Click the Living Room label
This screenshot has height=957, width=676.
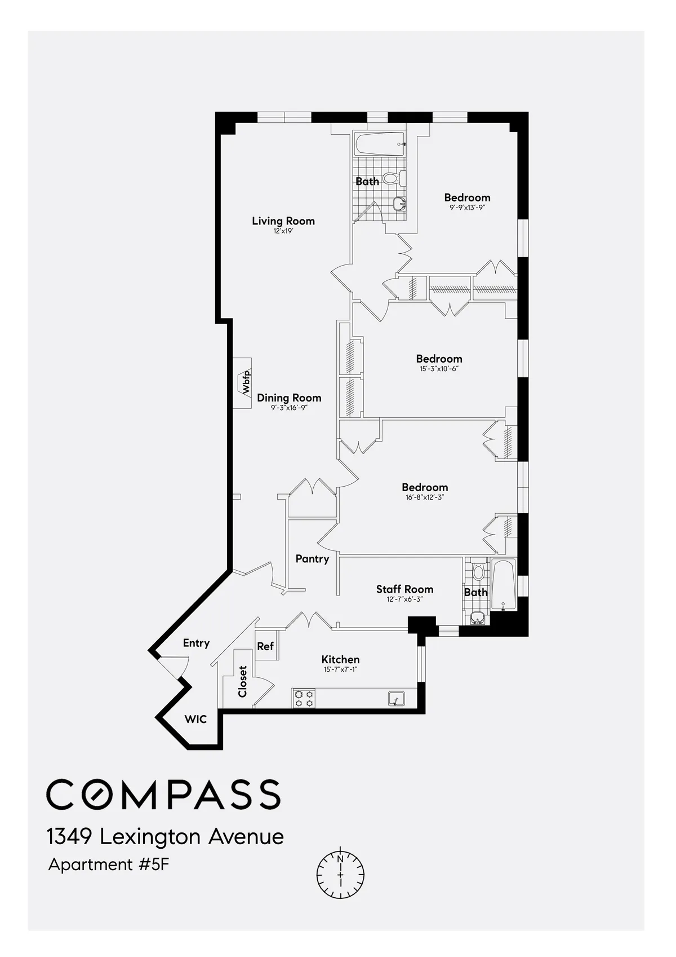pyautogui.click(x=283, y=221)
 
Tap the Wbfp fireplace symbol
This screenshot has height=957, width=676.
pyautogui.click(x=243, y=383)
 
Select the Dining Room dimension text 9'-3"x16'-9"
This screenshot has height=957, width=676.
pyautogui.click(x=289, y=408)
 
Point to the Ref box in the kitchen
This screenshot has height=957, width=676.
pyautogui.click(x=265, y=646)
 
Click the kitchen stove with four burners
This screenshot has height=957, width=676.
pyautogui.click(x=304, y=699)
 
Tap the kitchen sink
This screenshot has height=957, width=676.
pyautogui.click(x=397, y=699)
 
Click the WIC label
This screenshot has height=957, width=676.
pyautogui.click(x=195, y=719)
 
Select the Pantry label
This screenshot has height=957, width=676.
pyautogui.click(x=312, y=559)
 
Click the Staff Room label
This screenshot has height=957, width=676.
pyautogui.click(x=404, y=589)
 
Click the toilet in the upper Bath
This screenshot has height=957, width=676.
pyautogui.click(x=392, y=179)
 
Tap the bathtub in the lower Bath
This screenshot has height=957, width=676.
pyautogui.click(x=503, y=585)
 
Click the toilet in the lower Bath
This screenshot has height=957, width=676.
pyautogui.click(x=478, y=571)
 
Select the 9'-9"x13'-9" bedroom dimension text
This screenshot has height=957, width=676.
pyautogui.click(x=467, y=208)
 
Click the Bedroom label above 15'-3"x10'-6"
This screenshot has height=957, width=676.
pyautogui.click(x=439, y=359)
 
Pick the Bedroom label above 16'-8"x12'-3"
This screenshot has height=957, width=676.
pyautogui.click(x=425, y=487)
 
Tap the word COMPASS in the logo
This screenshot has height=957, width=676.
pyautogui.click(x=163, y=795)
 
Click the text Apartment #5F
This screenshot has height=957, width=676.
pyautogui.click(x=109, y=865)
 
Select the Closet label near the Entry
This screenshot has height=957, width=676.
pyautogui.click(x=243, y=681)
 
